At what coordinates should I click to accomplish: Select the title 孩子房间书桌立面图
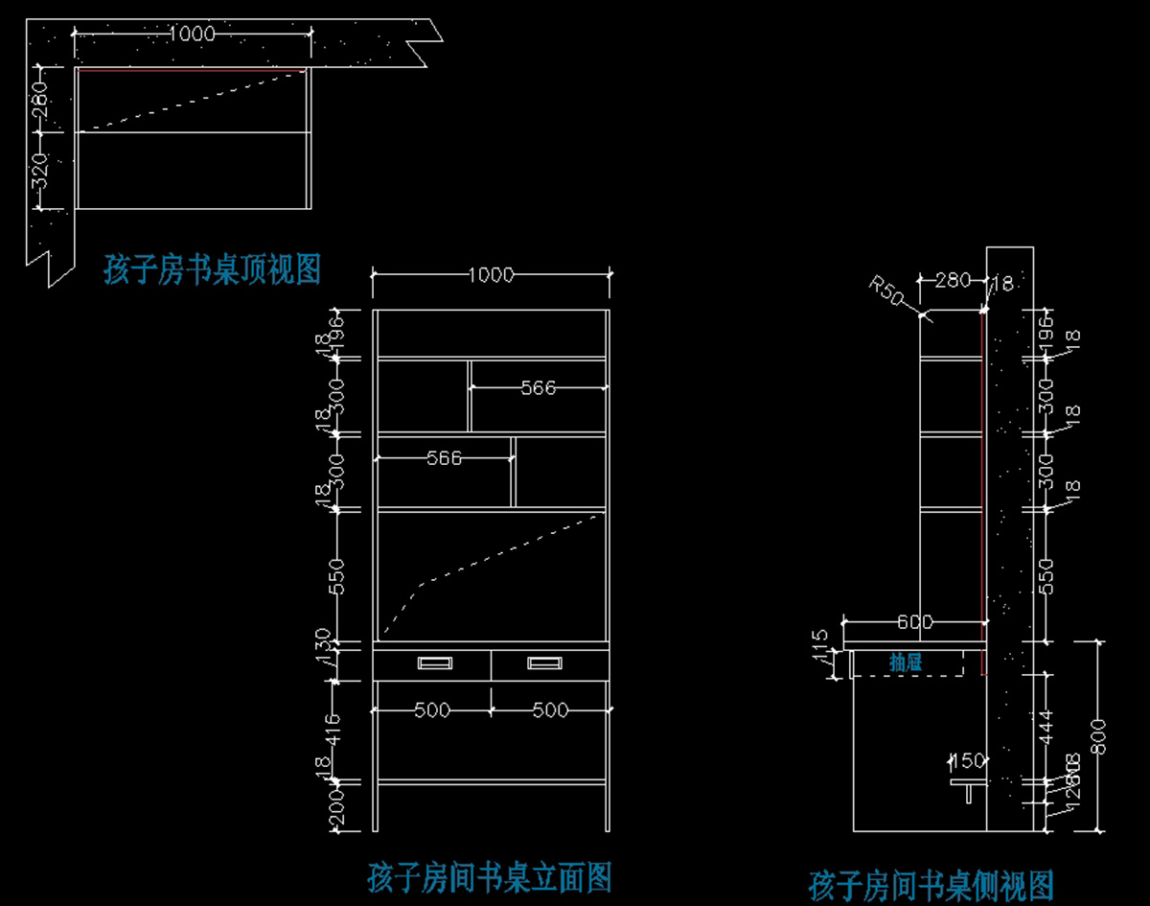[x=489, y=876]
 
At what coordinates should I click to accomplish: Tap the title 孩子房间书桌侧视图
[x=931, y=883]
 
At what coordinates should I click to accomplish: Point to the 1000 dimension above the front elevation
[x=491, y=275]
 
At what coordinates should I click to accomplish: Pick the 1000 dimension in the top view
[x=191, y=34]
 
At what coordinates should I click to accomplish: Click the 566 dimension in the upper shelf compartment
[x=538, y=388]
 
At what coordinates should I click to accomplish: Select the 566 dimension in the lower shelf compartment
[x=443, y=458]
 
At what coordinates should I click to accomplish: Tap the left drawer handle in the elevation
[x=434, y=662]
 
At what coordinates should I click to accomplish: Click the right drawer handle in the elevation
[x=544, y=662]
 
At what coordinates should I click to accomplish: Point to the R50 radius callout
[x=885, y=290]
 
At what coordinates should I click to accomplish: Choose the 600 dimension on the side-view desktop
[x=914, y=622]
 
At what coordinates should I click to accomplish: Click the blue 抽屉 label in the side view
[x=906, y=662]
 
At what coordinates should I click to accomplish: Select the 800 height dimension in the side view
[x=1099, y=735]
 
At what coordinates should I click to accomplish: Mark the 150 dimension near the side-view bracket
[x=967, y=761]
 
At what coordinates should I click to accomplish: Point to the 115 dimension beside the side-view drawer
[x=819, y=643]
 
